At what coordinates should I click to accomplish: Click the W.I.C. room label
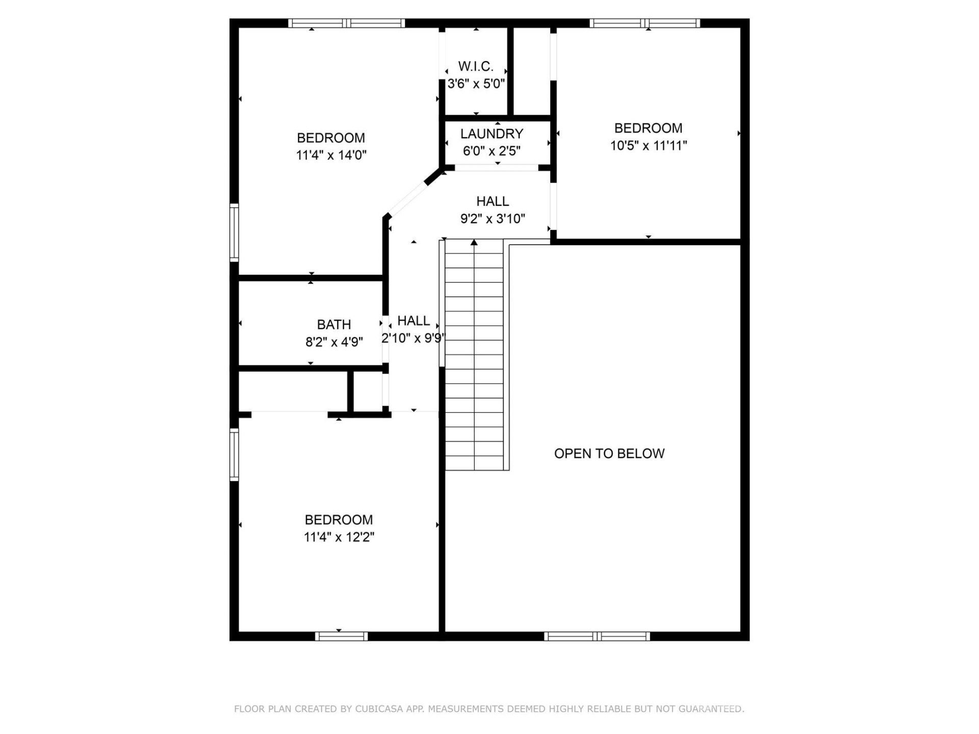[475, 66]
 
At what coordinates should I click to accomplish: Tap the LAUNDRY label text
[492, 134]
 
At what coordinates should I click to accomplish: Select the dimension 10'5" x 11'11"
[648, 146]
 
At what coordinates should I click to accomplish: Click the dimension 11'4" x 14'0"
[331, 155]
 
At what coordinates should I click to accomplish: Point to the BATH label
[333, 325]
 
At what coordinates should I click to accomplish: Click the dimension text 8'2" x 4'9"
[333, 342]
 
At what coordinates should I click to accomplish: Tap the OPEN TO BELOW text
[609, 454]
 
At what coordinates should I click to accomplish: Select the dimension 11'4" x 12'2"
[339, 537]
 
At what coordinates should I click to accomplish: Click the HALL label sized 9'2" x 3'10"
[492, 201]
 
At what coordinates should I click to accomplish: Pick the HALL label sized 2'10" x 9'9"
[413, 321]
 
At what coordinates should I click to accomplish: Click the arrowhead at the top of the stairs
[474, 243]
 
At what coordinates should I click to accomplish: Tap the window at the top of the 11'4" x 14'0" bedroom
[346, 23]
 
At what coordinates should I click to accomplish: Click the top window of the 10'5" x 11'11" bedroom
[645, 23]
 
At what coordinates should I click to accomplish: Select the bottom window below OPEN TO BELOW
[597, 636]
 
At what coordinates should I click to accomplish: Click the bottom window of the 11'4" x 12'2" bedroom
[341, 636]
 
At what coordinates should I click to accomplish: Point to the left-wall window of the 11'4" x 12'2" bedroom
[234, 455]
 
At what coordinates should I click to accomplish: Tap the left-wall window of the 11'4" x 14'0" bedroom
[234, 232]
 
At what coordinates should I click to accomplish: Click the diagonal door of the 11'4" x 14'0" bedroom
[408, 198]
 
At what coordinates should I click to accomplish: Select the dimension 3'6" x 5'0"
[476, 84]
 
